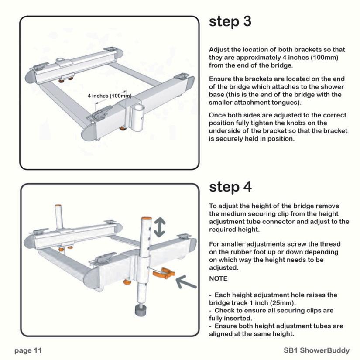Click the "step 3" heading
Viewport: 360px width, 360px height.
click(x=230, y=22)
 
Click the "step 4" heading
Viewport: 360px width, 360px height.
click(x=230, y=187)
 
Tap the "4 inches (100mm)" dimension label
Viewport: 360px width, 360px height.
click(x=110, y=96)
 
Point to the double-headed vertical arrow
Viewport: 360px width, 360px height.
click(x=160, y=227)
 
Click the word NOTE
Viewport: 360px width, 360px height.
click(x=218, y=278)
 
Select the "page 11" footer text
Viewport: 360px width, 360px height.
click(x=28, y=350)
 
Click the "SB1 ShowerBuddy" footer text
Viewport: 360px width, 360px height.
click(x=317, y=350)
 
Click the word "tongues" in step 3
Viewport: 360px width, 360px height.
click(x=286, y=103)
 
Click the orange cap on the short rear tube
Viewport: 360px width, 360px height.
click(x=58, y=206)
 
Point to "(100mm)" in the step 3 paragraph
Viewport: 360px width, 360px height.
click(x=324, y=58)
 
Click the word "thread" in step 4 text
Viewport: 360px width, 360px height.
click(x=329, y=244)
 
